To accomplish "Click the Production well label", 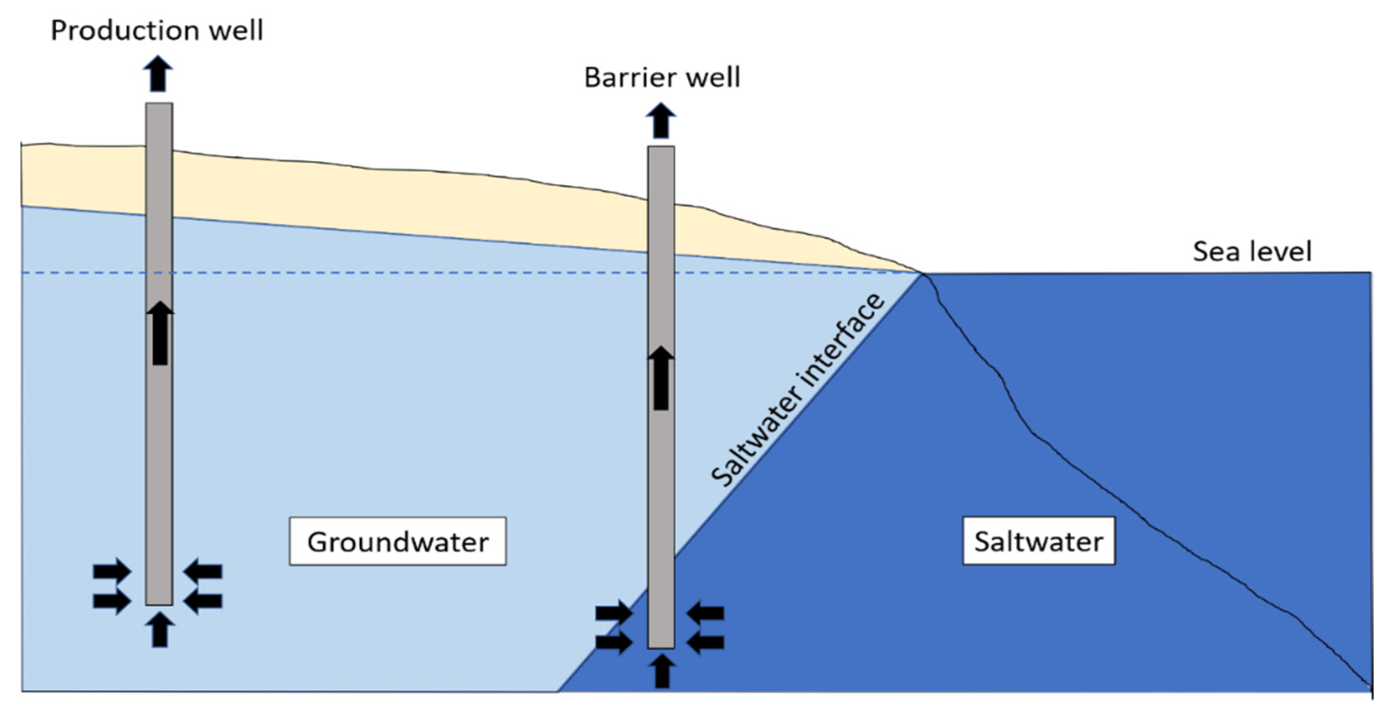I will coord(157,30).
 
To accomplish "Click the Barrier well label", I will coord(662,77).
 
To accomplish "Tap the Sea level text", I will coord(1252,252).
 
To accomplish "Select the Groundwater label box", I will coord(398,542).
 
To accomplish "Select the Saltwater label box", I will coord(1039,541).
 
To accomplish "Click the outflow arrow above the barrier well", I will coord(661,121).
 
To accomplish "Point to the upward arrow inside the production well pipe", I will coord(159,333).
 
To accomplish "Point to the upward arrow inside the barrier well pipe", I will coord(661,378).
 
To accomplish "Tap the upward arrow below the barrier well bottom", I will coord(662,671).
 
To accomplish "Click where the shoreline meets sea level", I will coord(922,274).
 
